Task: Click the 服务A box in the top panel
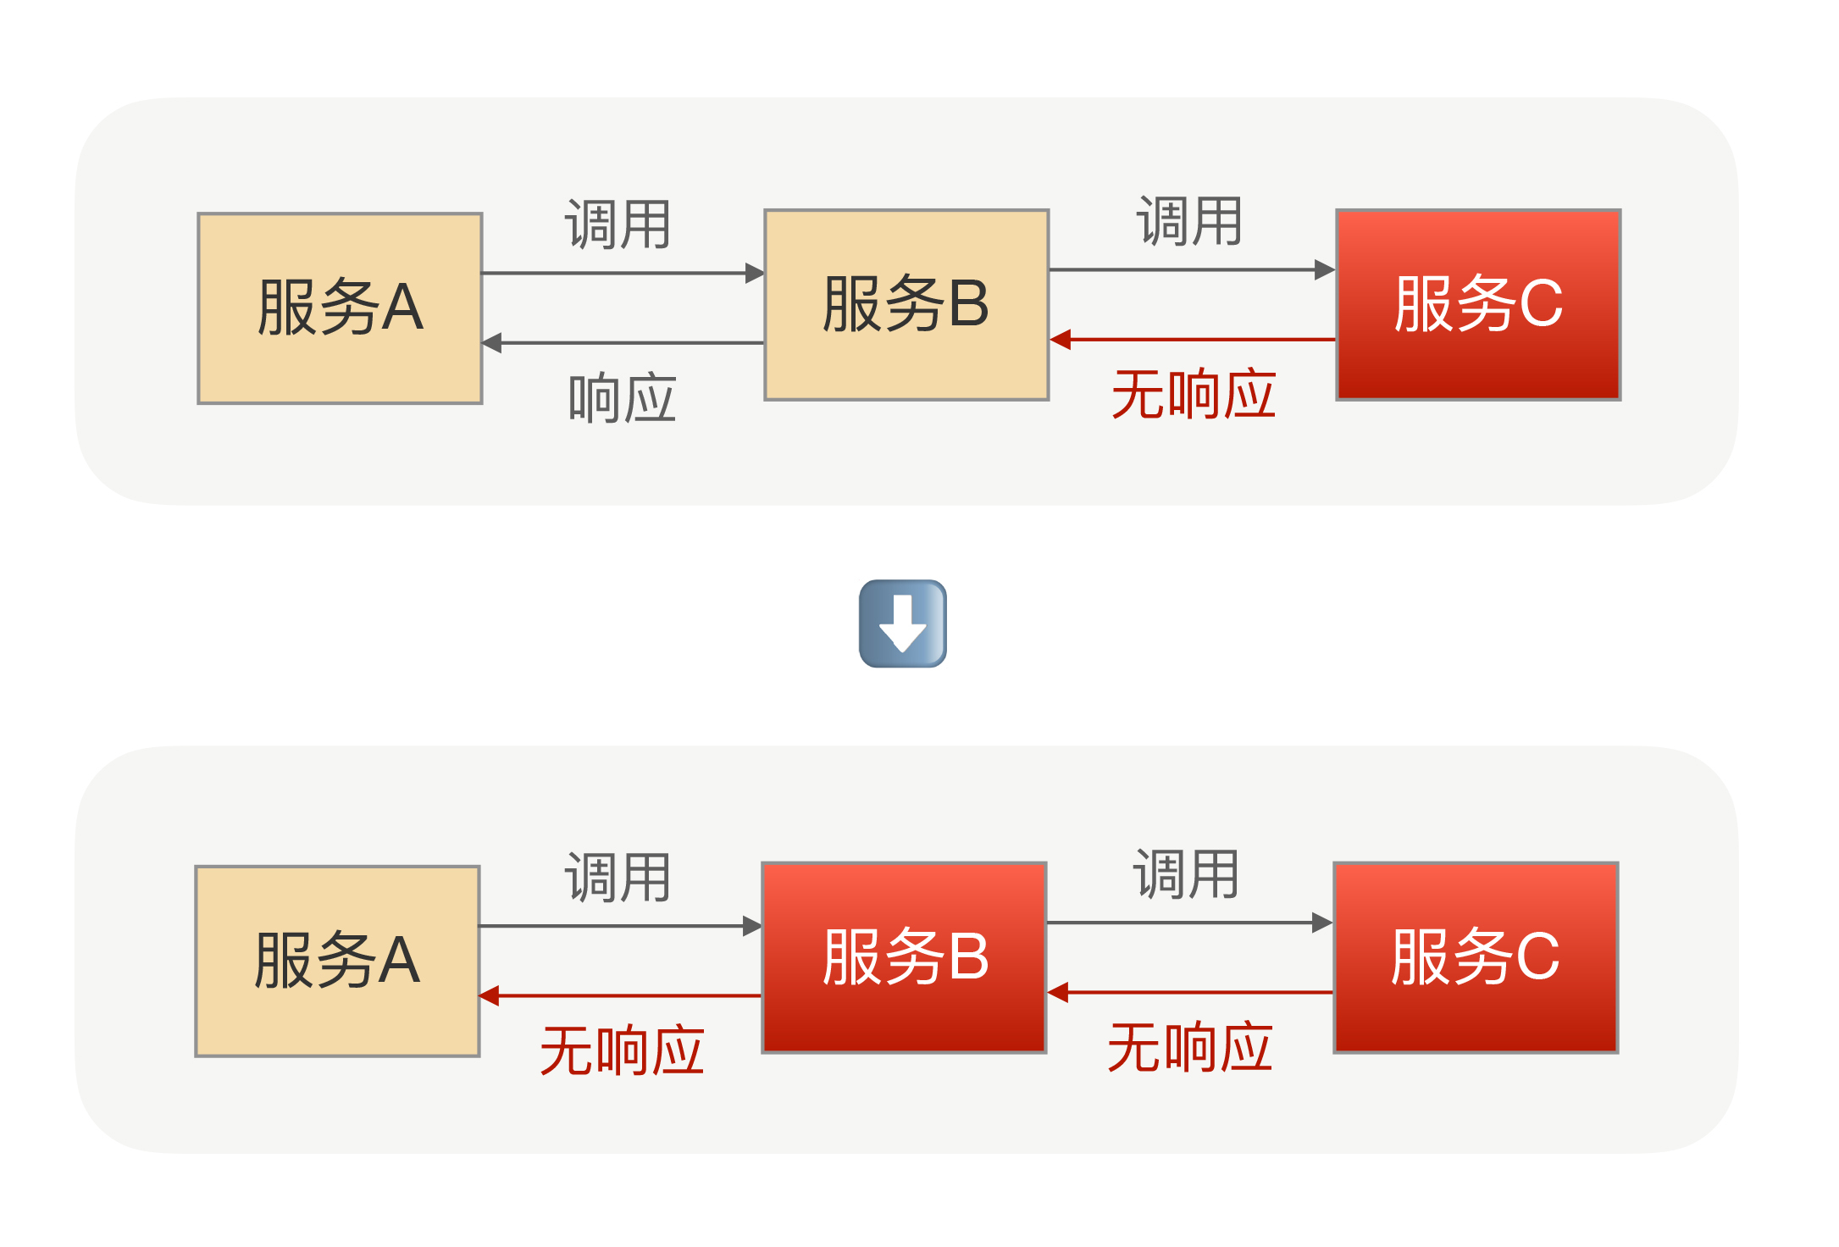point(340,308)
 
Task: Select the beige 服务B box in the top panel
point(906,305)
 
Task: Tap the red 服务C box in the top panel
point(1478,305)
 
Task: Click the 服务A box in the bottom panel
point(337,961)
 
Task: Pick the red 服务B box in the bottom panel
point(905,957)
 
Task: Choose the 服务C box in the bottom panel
point(1476,957)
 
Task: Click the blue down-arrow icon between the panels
point(903,623)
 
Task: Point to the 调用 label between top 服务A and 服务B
point(618,225)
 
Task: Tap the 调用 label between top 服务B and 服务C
point(1189,222)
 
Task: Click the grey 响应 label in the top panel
point(623,398)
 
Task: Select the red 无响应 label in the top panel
point(1194,395)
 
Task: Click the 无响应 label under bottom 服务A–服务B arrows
point(623,1051)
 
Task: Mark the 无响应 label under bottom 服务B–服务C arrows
point(1190,1048)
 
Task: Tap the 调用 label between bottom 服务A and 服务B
point(618,878)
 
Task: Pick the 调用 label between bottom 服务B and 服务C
point(1186,874)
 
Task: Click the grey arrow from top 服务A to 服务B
point(623,273)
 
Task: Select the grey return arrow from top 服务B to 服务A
point(623,343)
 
